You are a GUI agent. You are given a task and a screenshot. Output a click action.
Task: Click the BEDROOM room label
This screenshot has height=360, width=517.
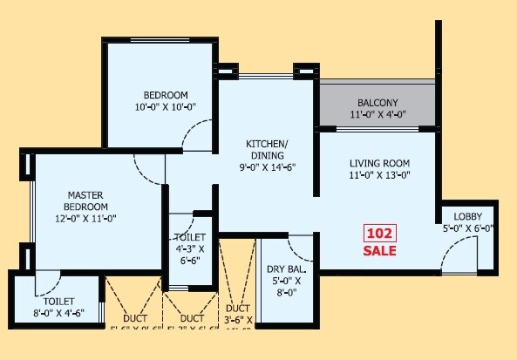[166, 94]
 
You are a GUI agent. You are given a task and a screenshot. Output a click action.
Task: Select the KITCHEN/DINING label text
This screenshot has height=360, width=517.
[266, 149]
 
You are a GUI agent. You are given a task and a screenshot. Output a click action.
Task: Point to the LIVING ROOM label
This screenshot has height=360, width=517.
[379, 163]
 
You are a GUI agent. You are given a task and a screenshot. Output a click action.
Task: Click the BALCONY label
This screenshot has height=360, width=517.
[378, 102]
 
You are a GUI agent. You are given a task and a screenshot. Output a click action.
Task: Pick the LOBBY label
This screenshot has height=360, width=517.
[468, 216]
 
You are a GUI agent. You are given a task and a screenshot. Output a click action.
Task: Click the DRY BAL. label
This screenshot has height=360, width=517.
[284, 268]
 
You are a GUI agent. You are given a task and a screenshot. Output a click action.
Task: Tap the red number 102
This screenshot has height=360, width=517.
[380, 234]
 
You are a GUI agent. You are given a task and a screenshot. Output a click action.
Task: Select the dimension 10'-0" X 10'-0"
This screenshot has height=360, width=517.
[166, 107]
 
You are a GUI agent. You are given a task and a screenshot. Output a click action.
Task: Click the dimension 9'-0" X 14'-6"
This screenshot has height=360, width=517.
[266, 167]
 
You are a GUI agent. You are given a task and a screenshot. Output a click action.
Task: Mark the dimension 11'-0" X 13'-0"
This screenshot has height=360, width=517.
[379, 176]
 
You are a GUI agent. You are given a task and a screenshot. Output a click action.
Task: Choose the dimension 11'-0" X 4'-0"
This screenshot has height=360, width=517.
[378, 115]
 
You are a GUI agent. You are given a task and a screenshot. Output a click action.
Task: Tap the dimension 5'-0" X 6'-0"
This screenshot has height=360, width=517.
[468, 229]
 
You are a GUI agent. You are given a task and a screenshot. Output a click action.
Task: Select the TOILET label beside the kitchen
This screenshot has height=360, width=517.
[190, 236]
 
